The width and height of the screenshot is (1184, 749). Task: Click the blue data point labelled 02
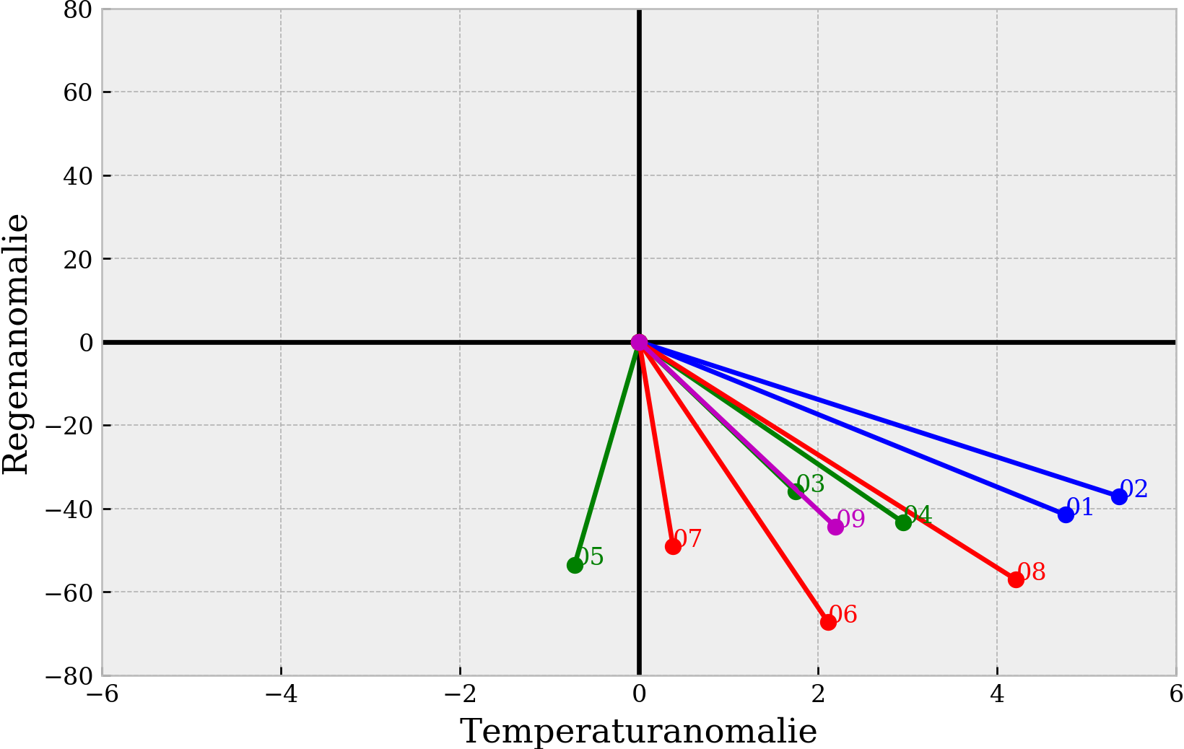[1119, 496]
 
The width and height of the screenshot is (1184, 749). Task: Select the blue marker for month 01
[1066, 514]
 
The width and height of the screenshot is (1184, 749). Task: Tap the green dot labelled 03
[796, 491]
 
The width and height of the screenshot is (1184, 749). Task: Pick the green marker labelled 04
[903, 522]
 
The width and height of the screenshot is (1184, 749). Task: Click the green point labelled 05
[575, 565]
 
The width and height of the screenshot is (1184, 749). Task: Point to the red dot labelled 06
[828, 622]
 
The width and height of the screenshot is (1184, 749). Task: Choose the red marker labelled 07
[673, 546]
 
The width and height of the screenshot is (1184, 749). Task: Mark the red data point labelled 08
[1016, 579]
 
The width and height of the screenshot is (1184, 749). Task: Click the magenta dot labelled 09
[835, 527]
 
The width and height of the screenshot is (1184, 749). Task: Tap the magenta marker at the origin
[639, 342]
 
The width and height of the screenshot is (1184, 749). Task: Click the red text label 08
[1032, 572]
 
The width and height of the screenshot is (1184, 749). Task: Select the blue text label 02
[1134, 489]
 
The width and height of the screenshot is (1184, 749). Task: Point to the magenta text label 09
[851, 520]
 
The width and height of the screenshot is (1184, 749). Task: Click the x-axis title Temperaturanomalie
[639, 732]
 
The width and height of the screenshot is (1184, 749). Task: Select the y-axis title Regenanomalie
[16, 343]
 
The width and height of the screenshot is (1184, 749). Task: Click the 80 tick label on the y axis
[77, 10]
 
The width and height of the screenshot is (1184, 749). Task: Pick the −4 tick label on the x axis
[281, 694]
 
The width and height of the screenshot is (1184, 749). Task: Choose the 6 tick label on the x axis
[1175, 694]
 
